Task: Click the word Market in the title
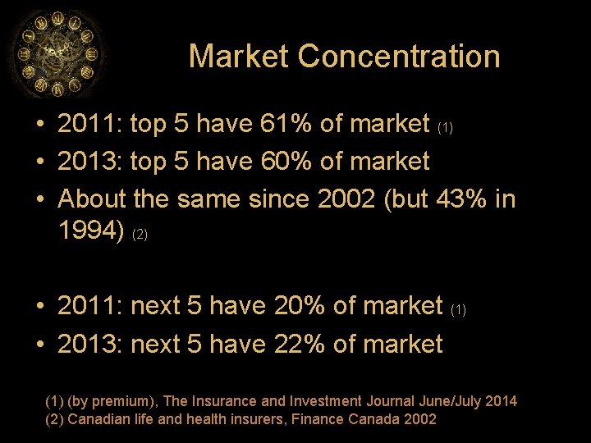pos(239,57)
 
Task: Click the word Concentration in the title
pos(399,57)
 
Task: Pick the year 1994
pos(91,232)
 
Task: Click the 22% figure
pos(299,344)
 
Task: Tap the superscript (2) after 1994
pos(140,235)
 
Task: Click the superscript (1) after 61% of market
pos(445,128)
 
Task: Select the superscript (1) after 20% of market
pos(459,309)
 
